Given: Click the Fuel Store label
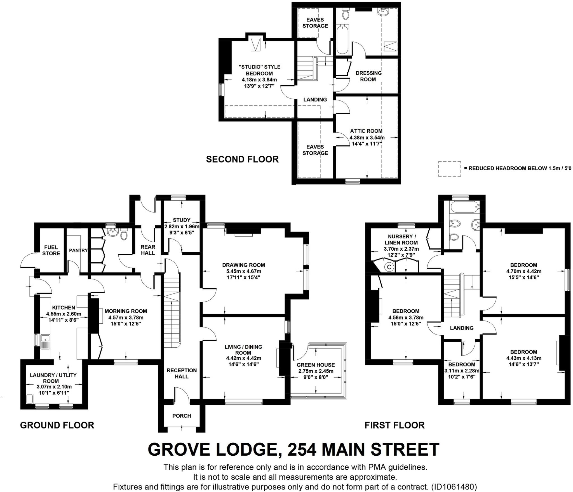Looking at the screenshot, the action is click(51, 250).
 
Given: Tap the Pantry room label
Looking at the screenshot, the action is click(78, 250).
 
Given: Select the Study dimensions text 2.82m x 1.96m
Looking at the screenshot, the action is click(182, 226).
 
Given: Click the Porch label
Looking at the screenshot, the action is click(182, 416).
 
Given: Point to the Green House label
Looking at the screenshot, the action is click(316, 365).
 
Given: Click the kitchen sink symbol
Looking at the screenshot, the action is click(45, 342).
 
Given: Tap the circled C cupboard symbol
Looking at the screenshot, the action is click(389, 267).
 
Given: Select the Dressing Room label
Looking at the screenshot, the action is click(368, 76).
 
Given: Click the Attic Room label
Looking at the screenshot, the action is click(366, 131).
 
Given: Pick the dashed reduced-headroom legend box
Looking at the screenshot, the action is click(449, 169).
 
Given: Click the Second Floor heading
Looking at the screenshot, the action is click(242, 159).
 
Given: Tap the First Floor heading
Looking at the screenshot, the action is click(394, 425).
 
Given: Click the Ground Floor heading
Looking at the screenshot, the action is click(57, 425).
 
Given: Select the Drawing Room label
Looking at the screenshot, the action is click(243, 265).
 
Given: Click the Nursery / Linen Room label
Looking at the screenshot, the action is click(401, 239).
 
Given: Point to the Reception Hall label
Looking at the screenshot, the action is click(182, 373).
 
